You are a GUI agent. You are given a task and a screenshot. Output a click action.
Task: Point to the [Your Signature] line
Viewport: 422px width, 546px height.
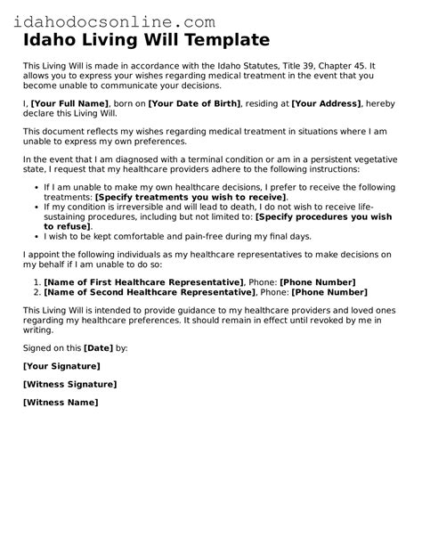[61, 366]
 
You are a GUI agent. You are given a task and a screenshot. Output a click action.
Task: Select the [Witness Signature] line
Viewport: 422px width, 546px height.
[69, 384]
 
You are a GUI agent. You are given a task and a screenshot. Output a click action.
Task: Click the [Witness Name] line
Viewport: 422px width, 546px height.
[61, 402]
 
